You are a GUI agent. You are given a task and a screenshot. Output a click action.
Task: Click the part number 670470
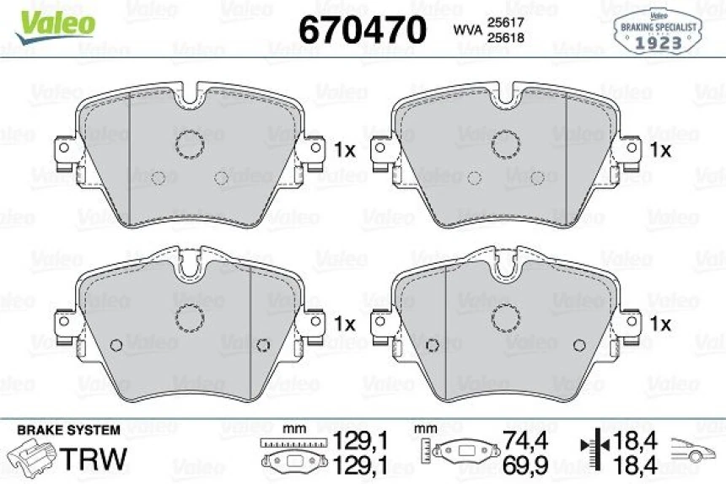click(x=362, y=30)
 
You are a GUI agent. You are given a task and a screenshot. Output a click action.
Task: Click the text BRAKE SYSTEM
click(x=70, y=430)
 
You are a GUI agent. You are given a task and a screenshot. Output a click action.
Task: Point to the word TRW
click(x=99, y=459)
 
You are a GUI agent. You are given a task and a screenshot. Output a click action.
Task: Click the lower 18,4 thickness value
click(x=638, y=463)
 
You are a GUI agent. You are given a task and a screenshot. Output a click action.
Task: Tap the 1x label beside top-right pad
click(x=660, y=150)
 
